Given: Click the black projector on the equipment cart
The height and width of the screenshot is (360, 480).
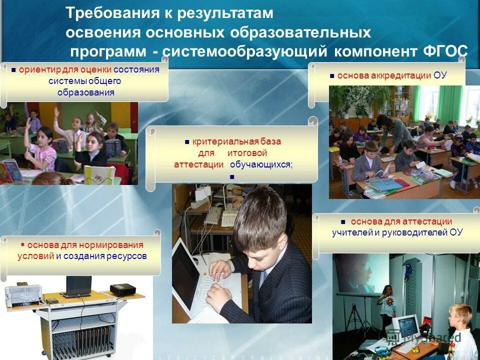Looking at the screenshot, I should [123, 289].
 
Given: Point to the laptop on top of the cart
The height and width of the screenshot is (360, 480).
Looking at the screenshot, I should [78, 287].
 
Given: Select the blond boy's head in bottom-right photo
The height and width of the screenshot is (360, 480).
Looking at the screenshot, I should [459, 315].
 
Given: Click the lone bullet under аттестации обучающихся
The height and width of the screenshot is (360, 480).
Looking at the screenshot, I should [231, 176].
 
